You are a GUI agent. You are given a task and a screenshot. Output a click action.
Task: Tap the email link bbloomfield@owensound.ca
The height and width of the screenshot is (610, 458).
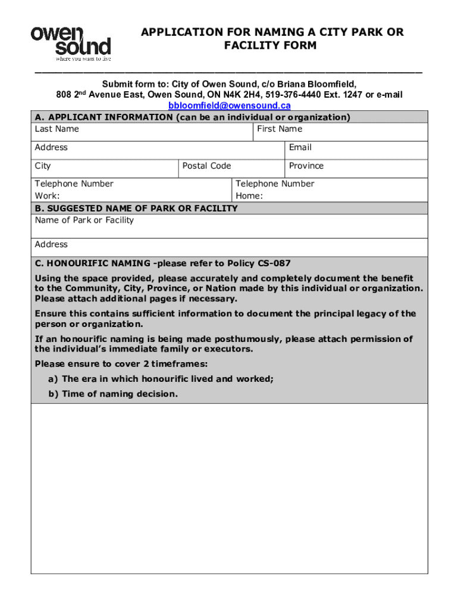click(x=229, y=105)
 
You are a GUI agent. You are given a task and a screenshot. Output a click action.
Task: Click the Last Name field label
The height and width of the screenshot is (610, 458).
click(x=57, y=129)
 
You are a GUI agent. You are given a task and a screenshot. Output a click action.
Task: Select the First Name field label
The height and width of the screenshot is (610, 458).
click(x=280, y=129)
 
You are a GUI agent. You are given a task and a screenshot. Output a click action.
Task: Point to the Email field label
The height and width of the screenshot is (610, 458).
click(x=300, y=148)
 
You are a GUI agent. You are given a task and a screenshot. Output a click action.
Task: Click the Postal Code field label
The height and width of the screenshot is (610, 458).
click(x=206, y=166)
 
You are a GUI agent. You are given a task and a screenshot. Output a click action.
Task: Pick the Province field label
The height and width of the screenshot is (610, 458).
click(x=306, y=166)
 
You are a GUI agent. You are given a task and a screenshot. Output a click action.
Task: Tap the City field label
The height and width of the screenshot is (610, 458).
click(x=43, y=166)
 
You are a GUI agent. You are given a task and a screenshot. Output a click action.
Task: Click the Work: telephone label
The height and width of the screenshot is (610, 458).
click(x=47, y=196)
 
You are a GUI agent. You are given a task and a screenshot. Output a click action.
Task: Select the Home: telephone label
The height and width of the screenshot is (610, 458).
click(x=249, y=196)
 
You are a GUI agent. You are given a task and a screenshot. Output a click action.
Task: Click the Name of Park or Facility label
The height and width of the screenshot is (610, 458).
click(x=84, y=220)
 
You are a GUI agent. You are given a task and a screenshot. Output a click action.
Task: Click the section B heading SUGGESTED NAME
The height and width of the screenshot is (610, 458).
click(x=136, y=208)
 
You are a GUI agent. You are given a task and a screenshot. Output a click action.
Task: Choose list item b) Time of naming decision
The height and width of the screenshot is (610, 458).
click(x=113, y=394)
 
